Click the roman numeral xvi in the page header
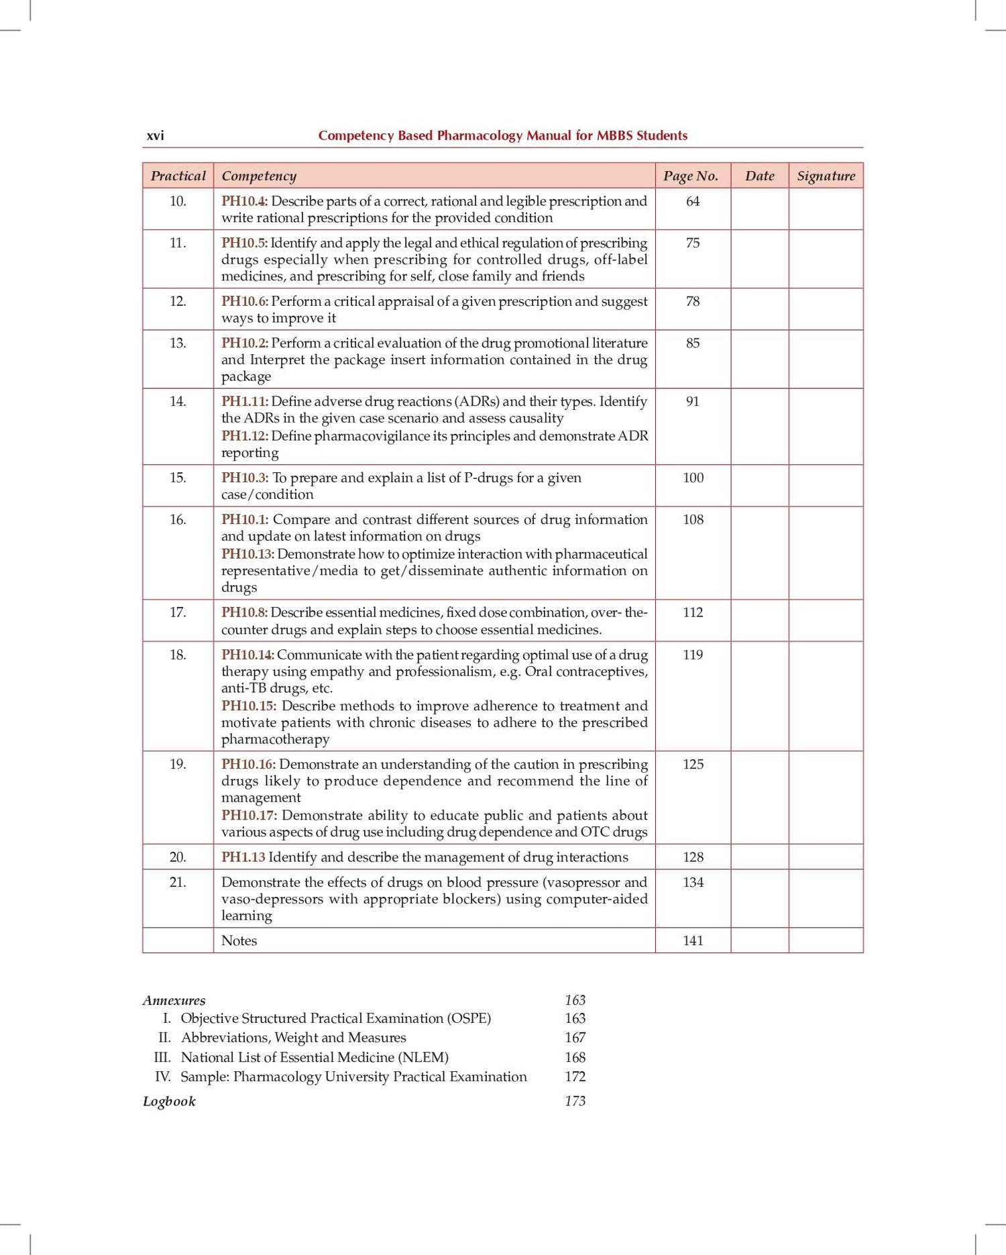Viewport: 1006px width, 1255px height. [x=155, y=135]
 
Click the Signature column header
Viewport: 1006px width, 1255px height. [x=826, y=176]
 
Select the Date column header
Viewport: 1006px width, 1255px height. [x=759, y=176]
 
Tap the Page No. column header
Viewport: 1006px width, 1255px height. [x=690, y=176]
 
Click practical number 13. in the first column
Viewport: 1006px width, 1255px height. [x=178, y=343]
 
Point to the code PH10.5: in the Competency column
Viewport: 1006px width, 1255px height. [x=244, y=243]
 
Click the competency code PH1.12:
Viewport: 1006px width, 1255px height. [x=245, y=436]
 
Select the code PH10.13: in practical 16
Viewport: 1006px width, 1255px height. [x=247, y=554]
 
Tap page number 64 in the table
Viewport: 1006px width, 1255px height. [x=693, y=201]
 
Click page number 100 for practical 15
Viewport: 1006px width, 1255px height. [x=693, y=478]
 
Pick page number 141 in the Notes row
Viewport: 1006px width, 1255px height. [x=693, y=940]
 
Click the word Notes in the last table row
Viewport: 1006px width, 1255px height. [x=239, y=940]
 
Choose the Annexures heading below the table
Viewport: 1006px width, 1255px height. [x=174, y=1000]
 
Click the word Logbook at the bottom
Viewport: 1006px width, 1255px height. [x=169, y=1101]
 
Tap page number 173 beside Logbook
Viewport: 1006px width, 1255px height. [x=575, y=1101]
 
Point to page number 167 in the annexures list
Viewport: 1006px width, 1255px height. [x=575, y=1038]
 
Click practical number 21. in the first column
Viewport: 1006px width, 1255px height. [x=178, y=882]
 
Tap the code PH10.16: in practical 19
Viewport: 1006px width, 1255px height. [x=248, y=765]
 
